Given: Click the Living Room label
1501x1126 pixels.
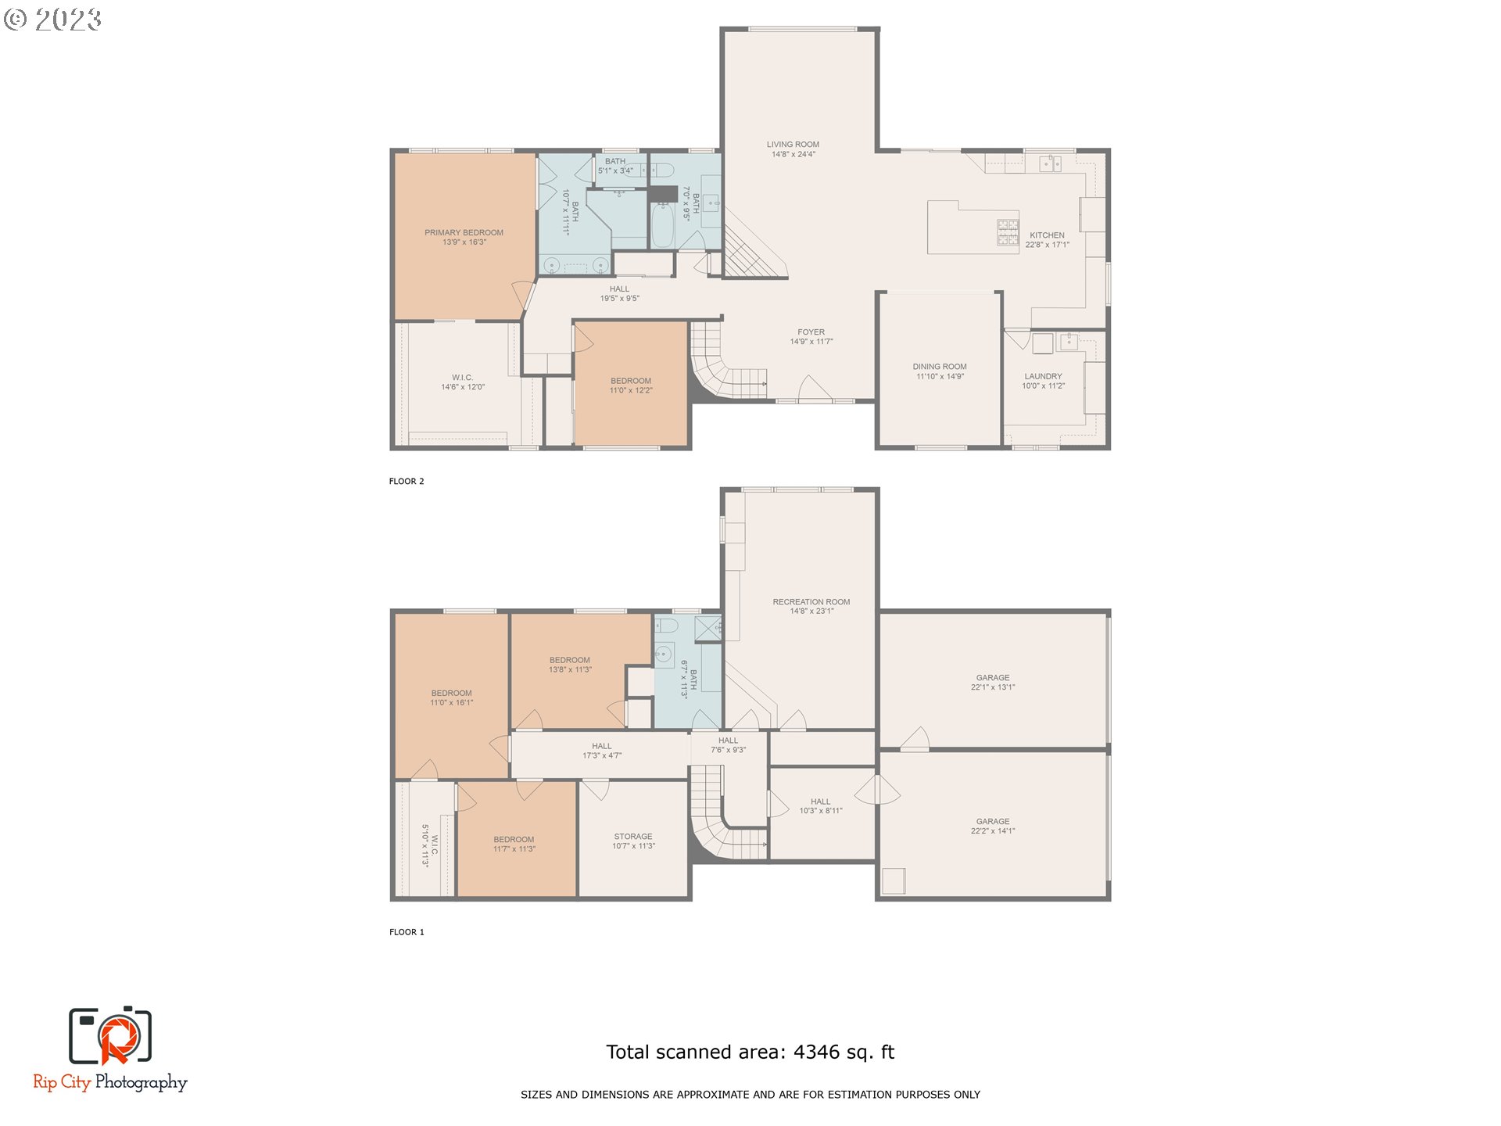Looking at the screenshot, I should coord(793,145).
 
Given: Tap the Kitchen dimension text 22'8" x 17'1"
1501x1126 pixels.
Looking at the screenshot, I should coord(1047,245).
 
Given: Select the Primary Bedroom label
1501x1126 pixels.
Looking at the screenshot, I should coord(464,232).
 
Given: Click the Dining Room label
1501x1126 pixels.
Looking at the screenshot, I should coord(940,367).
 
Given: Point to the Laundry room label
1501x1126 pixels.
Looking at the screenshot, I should coord(1043,376).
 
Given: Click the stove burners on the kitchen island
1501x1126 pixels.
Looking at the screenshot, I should coord(1007,232).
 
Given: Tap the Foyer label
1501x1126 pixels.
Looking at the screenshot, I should coord(811,332).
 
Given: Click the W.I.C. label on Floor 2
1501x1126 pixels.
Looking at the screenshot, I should coord(462,378).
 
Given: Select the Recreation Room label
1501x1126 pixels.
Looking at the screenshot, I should coord(811,602).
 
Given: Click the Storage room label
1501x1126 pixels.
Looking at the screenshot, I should coord(632,837).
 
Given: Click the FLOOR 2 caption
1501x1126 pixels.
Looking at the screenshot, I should coord(407,482).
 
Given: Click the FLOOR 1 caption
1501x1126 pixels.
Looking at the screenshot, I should coord(407,932).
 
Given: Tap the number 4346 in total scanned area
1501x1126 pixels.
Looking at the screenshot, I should coord(816,1052).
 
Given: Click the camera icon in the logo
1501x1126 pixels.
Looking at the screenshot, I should coord(110,1036).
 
